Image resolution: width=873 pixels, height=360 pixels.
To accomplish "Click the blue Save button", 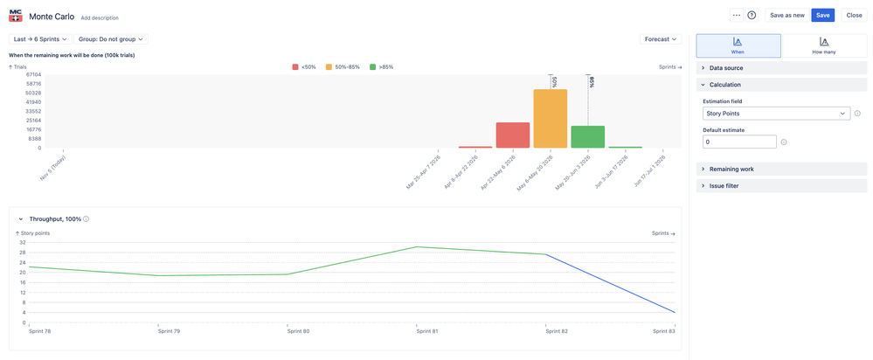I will (822, 15).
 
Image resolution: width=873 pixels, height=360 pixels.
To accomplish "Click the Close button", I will (854, 15).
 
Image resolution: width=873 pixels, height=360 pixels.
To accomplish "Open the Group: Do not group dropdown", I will (111, 39).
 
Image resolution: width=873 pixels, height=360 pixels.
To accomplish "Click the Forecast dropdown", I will (660, 39).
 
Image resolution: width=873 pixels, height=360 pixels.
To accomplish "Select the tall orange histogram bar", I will (550, 119).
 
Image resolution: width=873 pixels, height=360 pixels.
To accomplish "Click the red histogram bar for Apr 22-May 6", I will (512, 135).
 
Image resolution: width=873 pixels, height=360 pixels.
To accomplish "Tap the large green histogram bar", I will (587, 136).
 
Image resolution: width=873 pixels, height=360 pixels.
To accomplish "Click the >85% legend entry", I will (382, 67).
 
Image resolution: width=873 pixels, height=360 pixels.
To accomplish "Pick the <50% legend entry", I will (304, 67).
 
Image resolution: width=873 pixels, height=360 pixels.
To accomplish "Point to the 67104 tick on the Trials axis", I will (33, 74).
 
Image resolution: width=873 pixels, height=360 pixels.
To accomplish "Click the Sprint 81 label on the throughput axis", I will (427, 331).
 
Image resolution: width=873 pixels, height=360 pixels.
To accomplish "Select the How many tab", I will (823, 45).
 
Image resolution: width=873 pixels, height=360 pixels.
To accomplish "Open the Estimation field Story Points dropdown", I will (776, 114).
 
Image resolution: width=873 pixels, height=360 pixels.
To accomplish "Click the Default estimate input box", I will (739, 142).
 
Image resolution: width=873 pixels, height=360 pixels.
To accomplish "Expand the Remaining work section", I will (731, 169).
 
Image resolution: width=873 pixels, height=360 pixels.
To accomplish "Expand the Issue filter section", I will (724, 186).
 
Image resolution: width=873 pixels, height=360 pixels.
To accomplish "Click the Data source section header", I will (726, 67).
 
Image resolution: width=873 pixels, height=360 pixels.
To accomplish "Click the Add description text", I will (100, 17).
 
